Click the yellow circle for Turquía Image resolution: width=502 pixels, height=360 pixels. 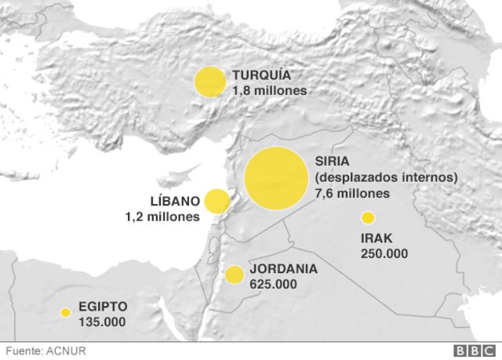point(209,82)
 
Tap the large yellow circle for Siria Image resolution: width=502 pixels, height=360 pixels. point(275,179)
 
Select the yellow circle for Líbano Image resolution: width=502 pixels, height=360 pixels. point(216,201)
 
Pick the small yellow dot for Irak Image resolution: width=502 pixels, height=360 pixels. point(366,217)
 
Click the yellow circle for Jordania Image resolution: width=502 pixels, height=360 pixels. point(234,275)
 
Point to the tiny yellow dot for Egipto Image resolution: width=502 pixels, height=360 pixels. point(65,312)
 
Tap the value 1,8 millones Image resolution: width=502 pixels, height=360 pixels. point(269,90)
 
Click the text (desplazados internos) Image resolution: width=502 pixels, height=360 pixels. point(386,178)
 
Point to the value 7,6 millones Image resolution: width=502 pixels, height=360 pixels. point(352,193)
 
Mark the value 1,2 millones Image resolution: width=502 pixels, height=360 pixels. point(162,216)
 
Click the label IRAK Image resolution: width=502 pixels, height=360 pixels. point(376,238)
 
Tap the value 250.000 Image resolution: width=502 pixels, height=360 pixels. point(384,253)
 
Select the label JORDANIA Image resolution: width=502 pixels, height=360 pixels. point(283,268)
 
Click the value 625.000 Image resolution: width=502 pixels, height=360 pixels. point(273,283)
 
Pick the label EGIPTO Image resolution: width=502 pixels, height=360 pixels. point(103,307)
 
